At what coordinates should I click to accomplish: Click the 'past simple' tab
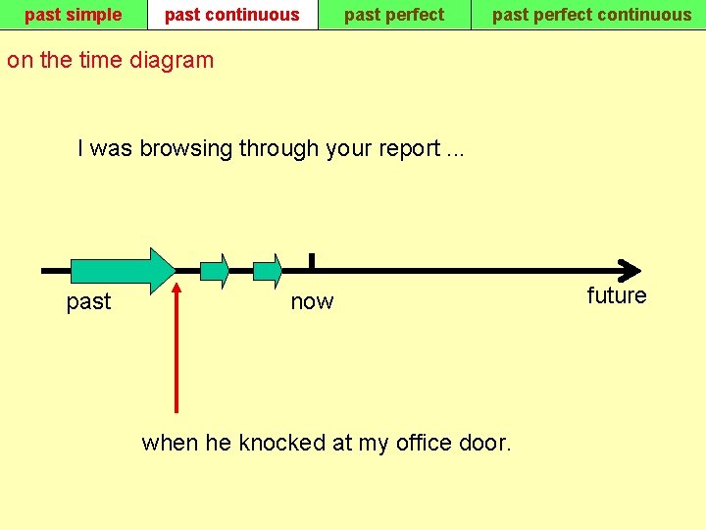point(74,15)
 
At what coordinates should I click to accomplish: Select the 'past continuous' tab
point(232,15)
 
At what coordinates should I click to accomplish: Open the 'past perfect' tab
point(394,15)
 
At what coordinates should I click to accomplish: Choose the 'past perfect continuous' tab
point(591,15)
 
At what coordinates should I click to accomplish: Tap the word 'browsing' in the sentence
point(186,149)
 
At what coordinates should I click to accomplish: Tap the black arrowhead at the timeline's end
point(630,270)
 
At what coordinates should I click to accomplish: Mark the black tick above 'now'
point(311,260)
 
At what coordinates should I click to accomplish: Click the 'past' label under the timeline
point(88,302)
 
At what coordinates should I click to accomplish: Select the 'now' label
point(312,302)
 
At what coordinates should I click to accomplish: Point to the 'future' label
point(617,296)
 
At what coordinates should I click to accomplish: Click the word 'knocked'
point(280,443)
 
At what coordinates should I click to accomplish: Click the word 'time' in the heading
point(101,60)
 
